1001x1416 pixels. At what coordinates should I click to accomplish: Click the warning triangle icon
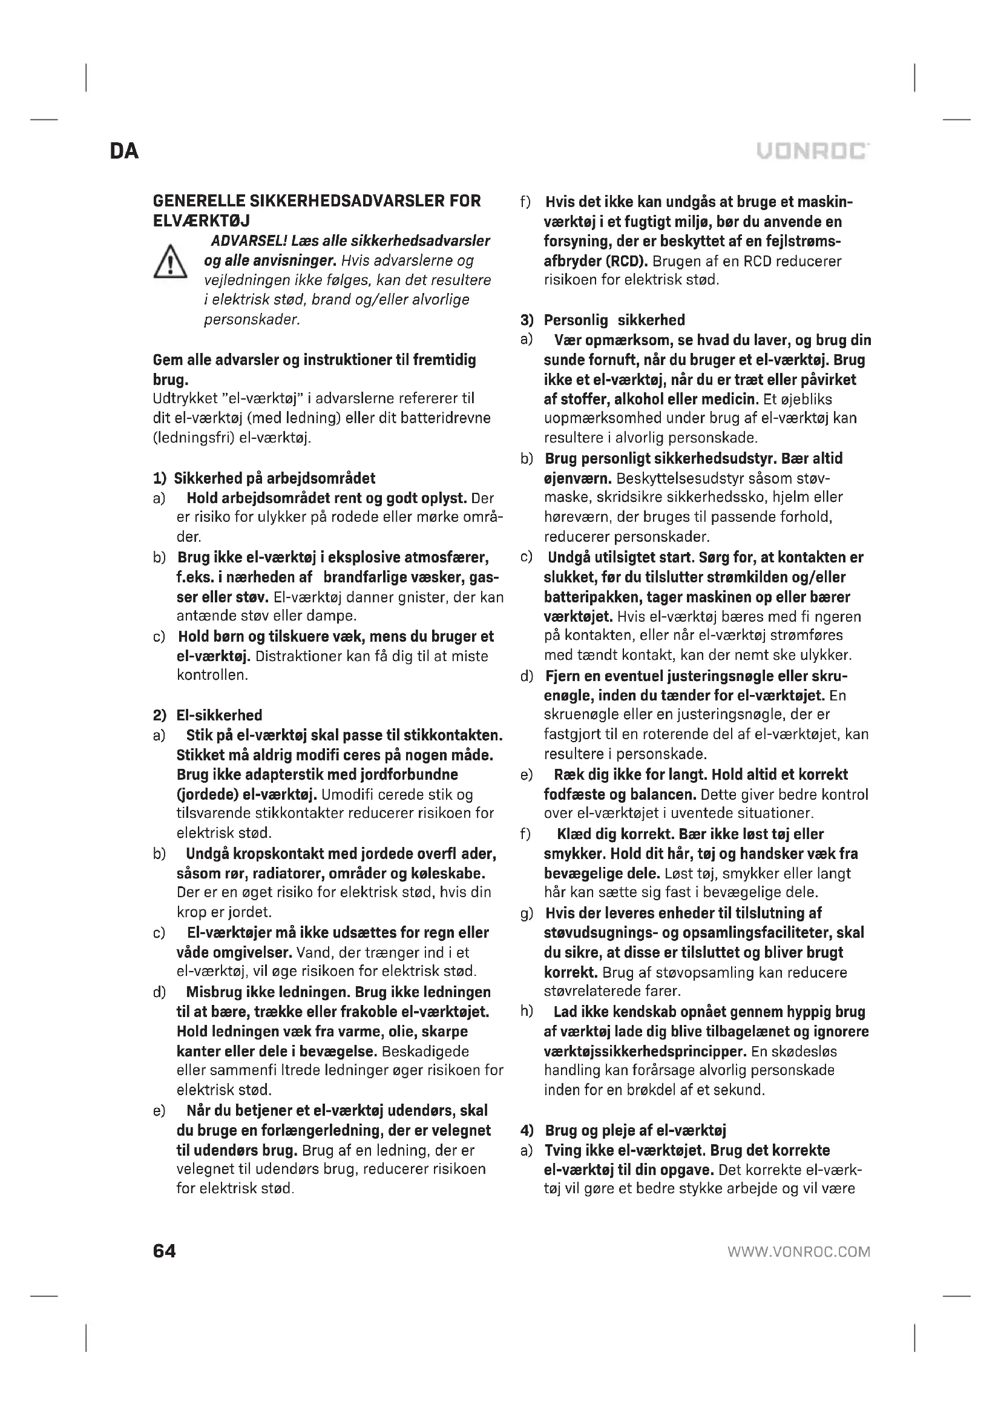(170, 262)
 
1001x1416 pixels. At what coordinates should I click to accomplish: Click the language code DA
(125, 152)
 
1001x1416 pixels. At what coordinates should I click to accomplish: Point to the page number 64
(164, 1251)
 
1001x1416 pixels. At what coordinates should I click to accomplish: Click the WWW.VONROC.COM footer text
(799, 1252)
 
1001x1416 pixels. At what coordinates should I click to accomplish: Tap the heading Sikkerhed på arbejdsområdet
(274, 478)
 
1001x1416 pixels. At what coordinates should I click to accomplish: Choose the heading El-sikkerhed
(220, 715)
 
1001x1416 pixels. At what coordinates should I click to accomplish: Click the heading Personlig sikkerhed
(614, 320)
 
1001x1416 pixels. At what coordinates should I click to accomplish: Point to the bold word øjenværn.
(577, 479)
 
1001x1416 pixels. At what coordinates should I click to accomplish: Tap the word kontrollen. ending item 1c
(212, 676)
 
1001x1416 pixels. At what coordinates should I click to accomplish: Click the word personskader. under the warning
(252, 320)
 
